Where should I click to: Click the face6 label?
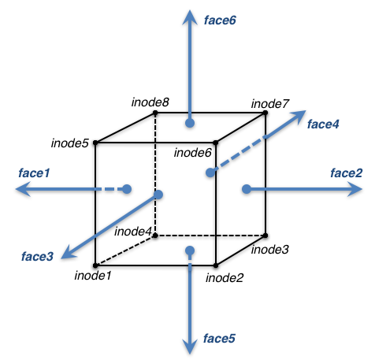pos(220,20)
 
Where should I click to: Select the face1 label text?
pos(34,173)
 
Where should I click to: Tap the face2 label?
pos(347,173)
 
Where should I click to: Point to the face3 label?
pos(37,256)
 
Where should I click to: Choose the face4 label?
pos(323,124)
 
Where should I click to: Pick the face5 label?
pos(219,338)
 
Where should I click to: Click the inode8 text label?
pos(150,102)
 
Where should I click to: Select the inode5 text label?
pos(70,143)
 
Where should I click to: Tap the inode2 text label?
pos(225,278)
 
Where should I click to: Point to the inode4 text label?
pos(133,232)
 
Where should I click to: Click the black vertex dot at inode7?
pos(265,113)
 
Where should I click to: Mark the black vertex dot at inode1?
pos(95,265)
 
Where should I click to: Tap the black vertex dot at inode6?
pos(216,143)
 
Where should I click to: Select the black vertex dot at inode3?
pos(265,236)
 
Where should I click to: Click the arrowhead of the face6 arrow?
pos(190,17)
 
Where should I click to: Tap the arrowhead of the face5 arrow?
pos(190,347)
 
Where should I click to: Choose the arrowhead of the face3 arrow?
pos(69,253)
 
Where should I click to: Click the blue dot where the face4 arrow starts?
pos(210,173)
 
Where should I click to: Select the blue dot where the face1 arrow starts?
pos(127,189)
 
